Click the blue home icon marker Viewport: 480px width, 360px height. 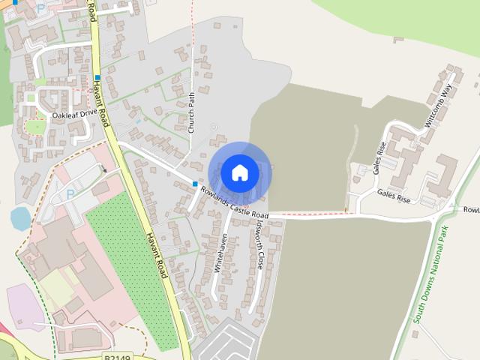click(x=239, y=172)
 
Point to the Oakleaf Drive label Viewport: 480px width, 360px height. click(x=75, y=115)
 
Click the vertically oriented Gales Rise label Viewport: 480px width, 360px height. click(x=379, y=157)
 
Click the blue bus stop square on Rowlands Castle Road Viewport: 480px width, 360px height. click(x=195, y=184)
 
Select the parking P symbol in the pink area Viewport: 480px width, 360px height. click(x=70, y=194)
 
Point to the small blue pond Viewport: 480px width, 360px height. click(x=20, y=218)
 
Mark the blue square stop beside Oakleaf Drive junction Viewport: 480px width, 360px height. click(x=97, y=78)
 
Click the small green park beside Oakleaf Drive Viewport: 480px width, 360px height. click(x=35, y=127)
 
